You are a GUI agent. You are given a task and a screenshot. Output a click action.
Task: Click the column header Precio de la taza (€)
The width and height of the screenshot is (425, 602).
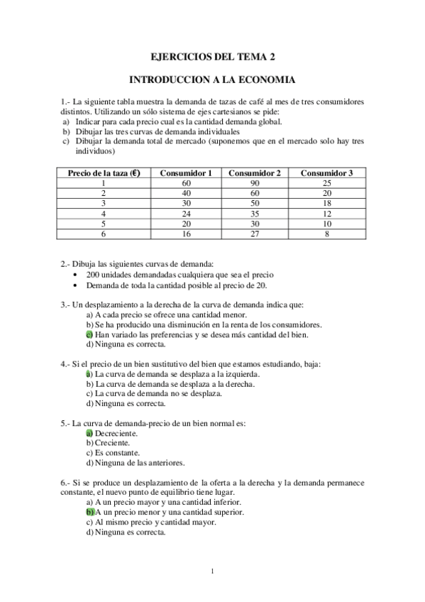[x=104, y=173]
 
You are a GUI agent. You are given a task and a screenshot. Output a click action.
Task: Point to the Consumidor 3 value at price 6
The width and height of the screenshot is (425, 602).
[x=326, y=234]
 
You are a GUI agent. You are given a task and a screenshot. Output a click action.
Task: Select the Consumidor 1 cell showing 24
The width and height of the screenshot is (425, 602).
[x=186, y=213]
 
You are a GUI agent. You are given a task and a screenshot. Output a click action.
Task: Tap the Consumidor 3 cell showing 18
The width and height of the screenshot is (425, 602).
[x=326, y=203]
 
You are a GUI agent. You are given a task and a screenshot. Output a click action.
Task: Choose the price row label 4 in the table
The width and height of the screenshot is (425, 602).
[x=104, y=213]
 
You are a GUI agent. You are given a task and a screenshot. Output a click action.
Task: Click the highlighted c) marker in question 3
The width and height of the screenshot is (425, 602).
[x=89, y=334]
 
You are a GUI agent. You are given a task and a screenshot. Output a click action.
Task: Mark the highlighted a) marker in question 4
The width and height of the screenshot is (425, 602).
[x=89, y=374]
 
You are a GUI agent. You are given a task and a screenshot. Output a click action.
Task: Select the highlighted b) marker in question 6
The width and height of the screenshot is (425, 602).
[x=89, y=512]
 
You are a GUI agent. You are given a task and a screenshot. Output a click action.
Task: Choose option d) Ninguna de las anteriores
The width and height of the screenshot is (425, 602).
[x=135, y=463]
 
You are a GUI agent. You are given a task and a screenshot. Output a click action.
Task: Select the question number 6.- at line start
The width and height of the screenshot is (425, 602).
[x=67, y=483]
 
